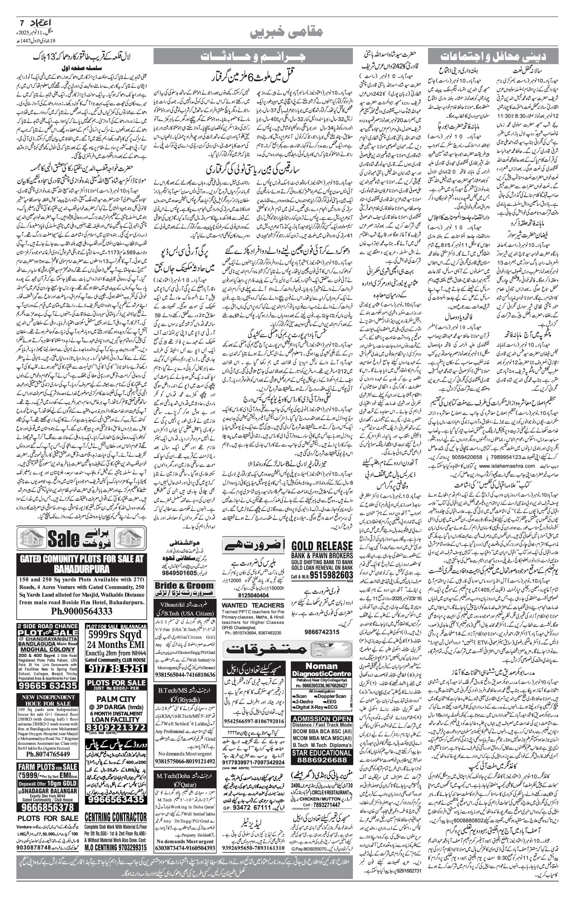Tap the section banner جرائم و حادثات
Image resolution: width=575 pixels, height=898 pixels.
point(253,56)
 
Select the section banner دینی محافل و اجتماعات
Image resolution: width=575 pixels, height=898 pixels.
point(493,56)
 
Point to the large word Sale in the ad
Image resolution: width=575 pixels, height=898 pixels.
point(69,540)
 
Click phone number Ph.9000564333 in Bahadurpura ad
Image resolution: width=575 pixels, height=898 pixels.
point(82,611)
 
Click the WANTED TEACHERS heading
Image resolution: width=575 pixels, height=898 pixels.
point(253,605)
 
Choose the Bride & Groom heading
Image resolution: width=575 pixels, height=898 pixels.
point(184,586)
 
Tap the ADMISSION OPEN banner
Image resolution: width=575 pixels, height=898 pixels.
point(322,719)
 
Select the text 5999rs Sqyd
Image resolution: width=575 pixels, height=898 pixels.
point(116,635)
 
